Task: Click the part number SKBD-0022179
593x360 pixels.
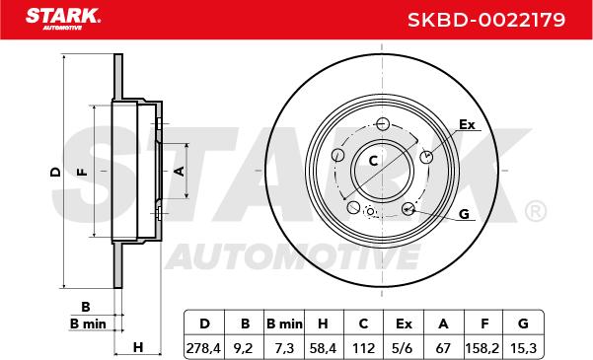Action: tap(486, 20)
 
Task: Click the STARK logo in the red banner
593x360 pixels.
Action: tap(63, 19)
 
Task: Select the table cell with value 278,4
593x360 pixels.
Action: tap(204, 348)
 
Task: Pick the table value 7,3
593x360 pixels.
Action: tap(284, 348)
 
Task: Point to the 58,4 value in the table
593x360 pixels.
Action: tap(323, 348)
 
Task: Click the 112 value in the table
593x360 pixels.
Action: tap(363, 348)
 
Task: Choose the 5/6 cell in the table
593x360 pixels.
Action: tap(404, 348)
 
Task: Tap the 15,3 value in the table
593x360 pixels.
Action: tap(523, 348)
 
